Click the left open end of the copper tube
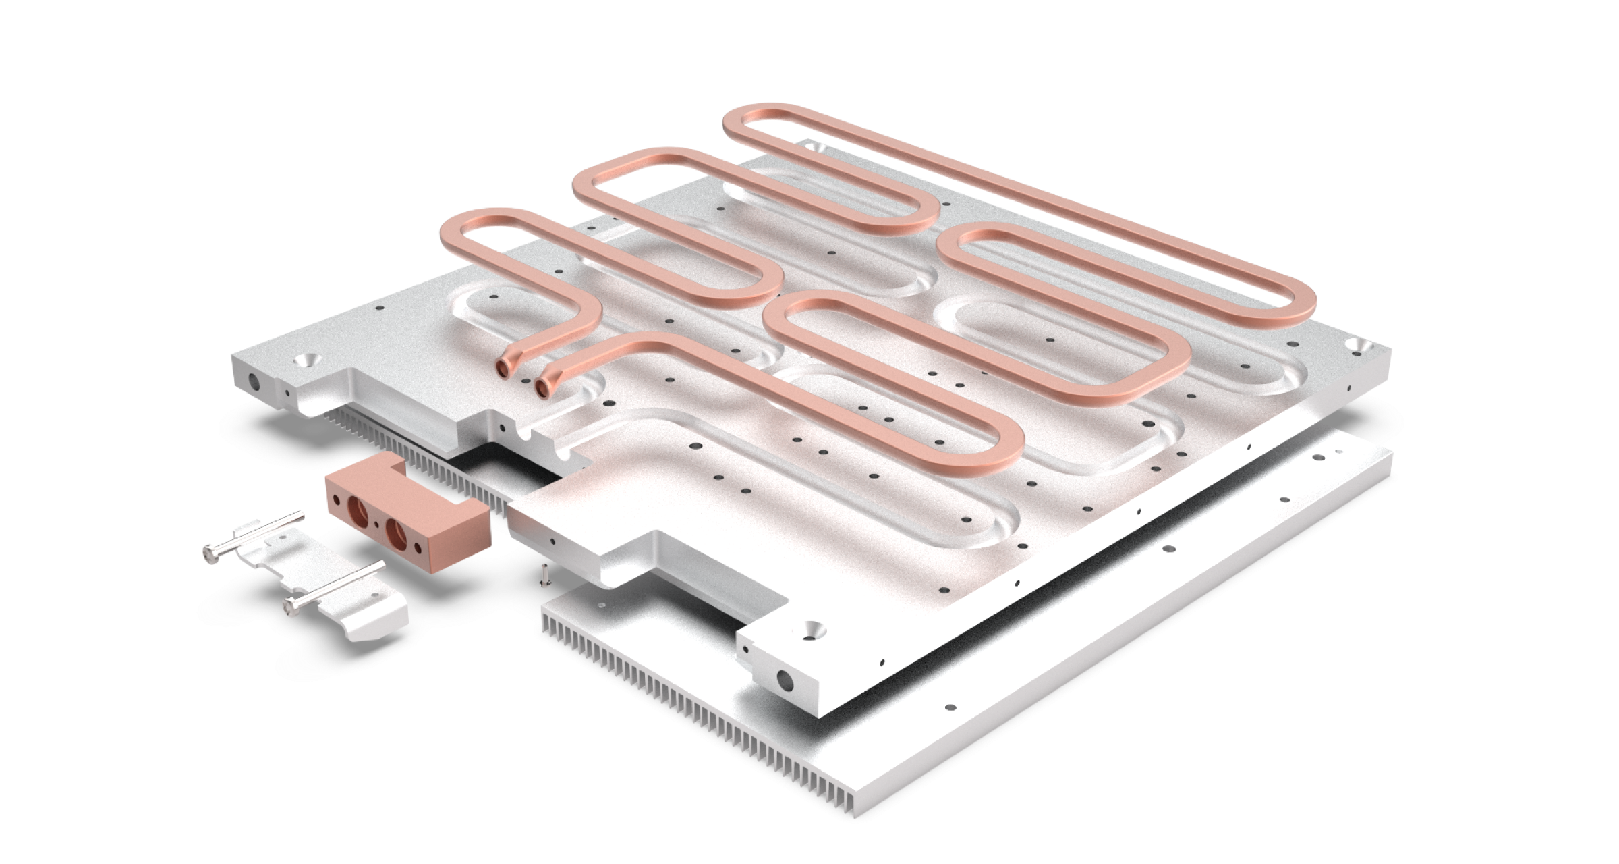pyautogui.click(x=504, y=368)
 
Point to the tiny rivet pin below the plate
pyautogui.click(x=546, y=574)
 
